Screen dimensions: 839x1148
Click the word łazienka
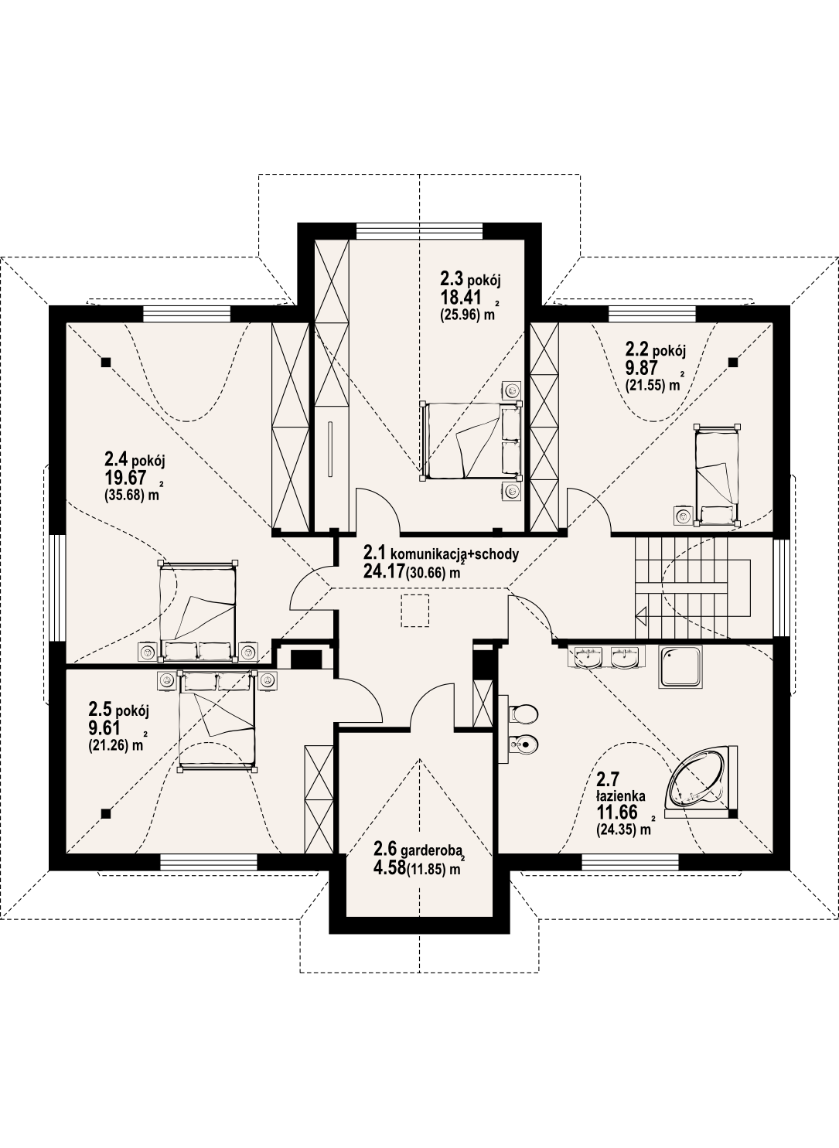click(x=621, y=796)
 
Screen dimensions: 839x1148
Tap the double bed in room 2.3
click(x=471, y=441)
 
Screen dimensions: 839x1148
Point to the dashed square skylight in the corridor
click(x=415, y=611)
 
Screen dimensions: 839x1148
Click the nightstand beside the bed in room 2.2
click(x=682, y=516)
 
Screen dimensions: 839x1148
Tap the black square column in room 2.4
click(x=106, y=363)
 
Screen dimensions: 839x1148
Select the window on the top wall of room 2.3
click(x=420, y=230)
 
